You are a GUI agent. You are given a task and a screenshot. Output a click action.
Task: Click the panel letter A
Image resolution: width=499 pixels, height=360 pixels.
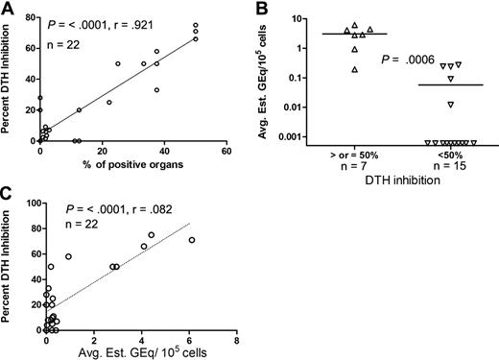coord(8,9)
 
